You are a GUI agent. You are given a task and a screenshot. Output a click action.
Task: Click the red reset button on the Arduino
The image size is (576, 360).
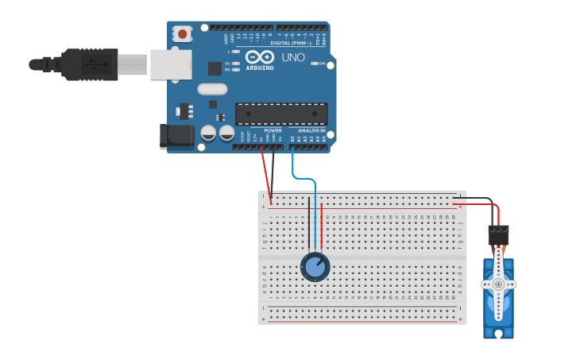(183, 34)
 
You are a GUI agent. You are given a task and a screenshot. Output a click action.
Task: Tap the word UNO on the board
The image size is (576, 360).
(293, 57)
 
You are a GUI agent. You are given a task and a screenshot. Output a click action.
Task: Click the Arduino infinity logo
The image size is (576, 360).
(260, 57)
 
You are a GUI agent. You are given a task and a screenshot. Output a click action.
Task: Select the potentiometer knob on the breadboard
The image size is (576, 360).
(315, 268)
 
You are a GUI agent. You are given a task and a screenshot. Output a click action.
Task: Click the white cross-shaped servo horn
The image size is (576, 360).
(498, 284)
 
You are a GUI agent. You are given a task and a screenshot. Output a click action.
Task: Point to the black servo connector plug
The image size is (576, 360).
(498, 234)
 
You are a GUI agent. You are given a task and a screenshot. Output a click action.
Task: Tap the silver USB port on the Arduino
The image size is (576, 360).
(170, 64)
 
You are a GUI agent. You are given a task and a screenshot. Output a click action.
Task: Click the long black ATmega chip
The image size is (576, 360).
(281, 114)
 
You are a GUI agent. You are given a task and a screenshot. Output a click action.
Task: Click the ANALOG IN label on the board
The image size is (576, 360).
(311, 130)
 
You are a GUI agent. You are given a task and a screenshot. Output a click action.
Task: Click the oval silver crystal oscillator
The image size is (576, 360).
(212, 89)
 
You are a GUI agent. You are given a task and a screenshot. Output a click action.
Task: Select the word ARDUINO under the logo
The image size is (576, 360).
(260, 68)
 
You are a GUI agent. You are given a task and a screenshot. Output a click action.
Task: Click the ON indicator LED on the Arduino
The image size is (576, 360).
(315, 64)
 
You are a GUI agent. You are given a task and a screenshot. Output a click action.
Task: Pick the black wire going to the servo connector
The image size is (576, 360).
(477, 198)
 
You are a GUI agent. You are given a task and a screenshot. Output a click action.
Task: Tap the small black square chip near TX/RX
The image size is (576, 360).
(215, 68)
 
